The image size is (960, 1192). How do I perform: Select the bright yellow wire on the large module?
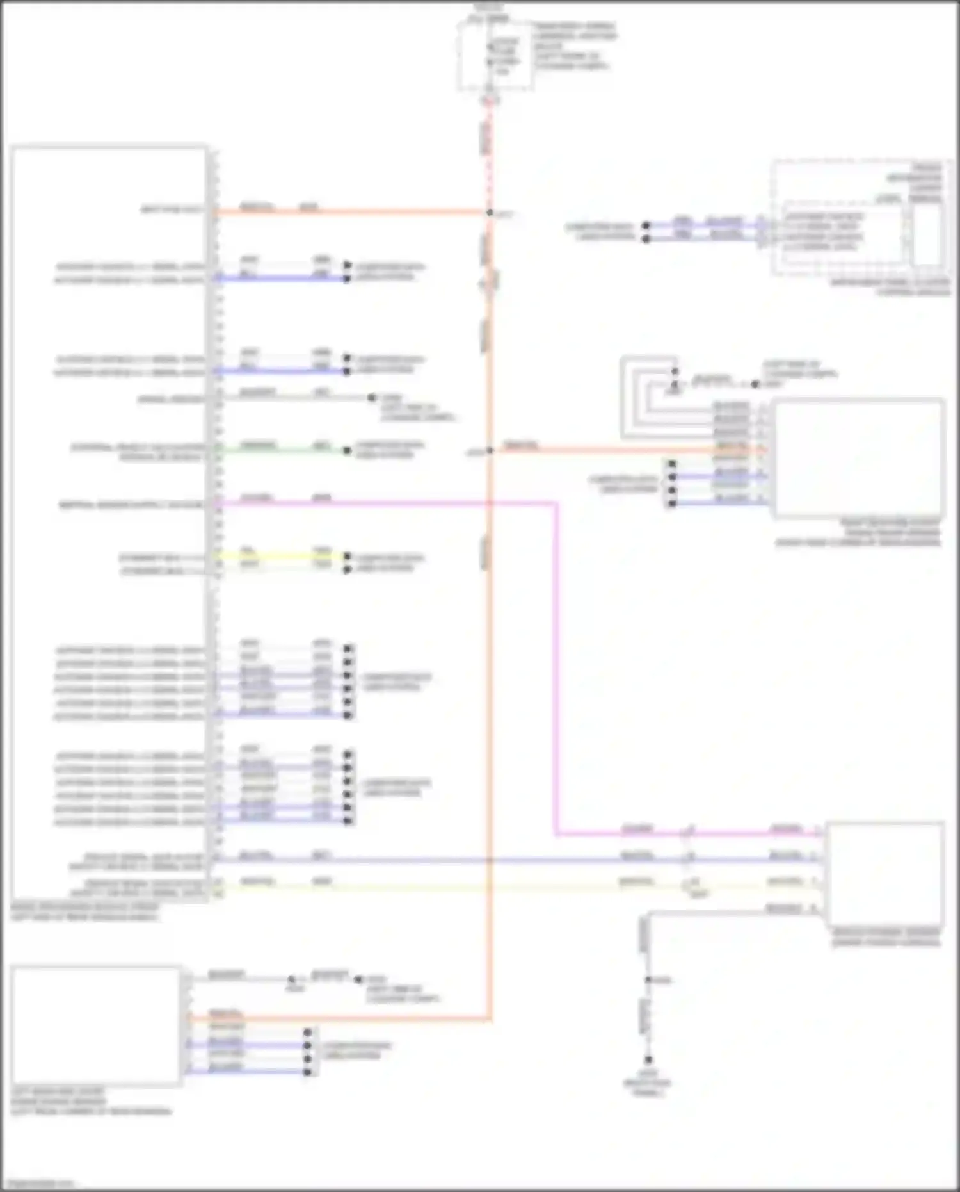coord(282,555)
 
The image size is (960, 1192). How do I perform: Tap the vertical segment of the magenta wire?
coord(556,666)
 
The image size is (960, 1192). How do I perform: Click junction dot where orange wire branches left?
coord(490,212)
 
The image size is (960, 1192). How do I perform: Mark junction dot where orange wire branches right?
coord(490,450)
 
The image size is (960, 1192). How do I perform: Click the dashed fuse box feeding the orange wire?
coord(495,54)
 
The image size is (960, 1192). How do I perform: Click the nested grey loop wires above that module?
coord(646,397)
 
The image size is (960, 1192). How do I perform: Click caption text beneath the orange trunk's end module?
coord(90,1102)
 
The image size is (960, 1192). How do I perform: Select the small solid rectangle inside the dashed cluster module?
coord(927,234)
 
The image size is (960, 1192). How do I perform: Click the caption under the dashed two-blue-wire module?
coord(890,287)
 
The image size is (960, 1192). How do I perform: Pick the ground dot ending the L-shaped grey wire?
coord(648,1060)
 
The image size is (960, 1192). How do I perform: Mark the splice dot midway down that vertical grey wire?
coord(648,980)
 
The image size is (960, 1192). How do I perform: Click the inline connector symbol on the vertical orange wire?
coord(490,282)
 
